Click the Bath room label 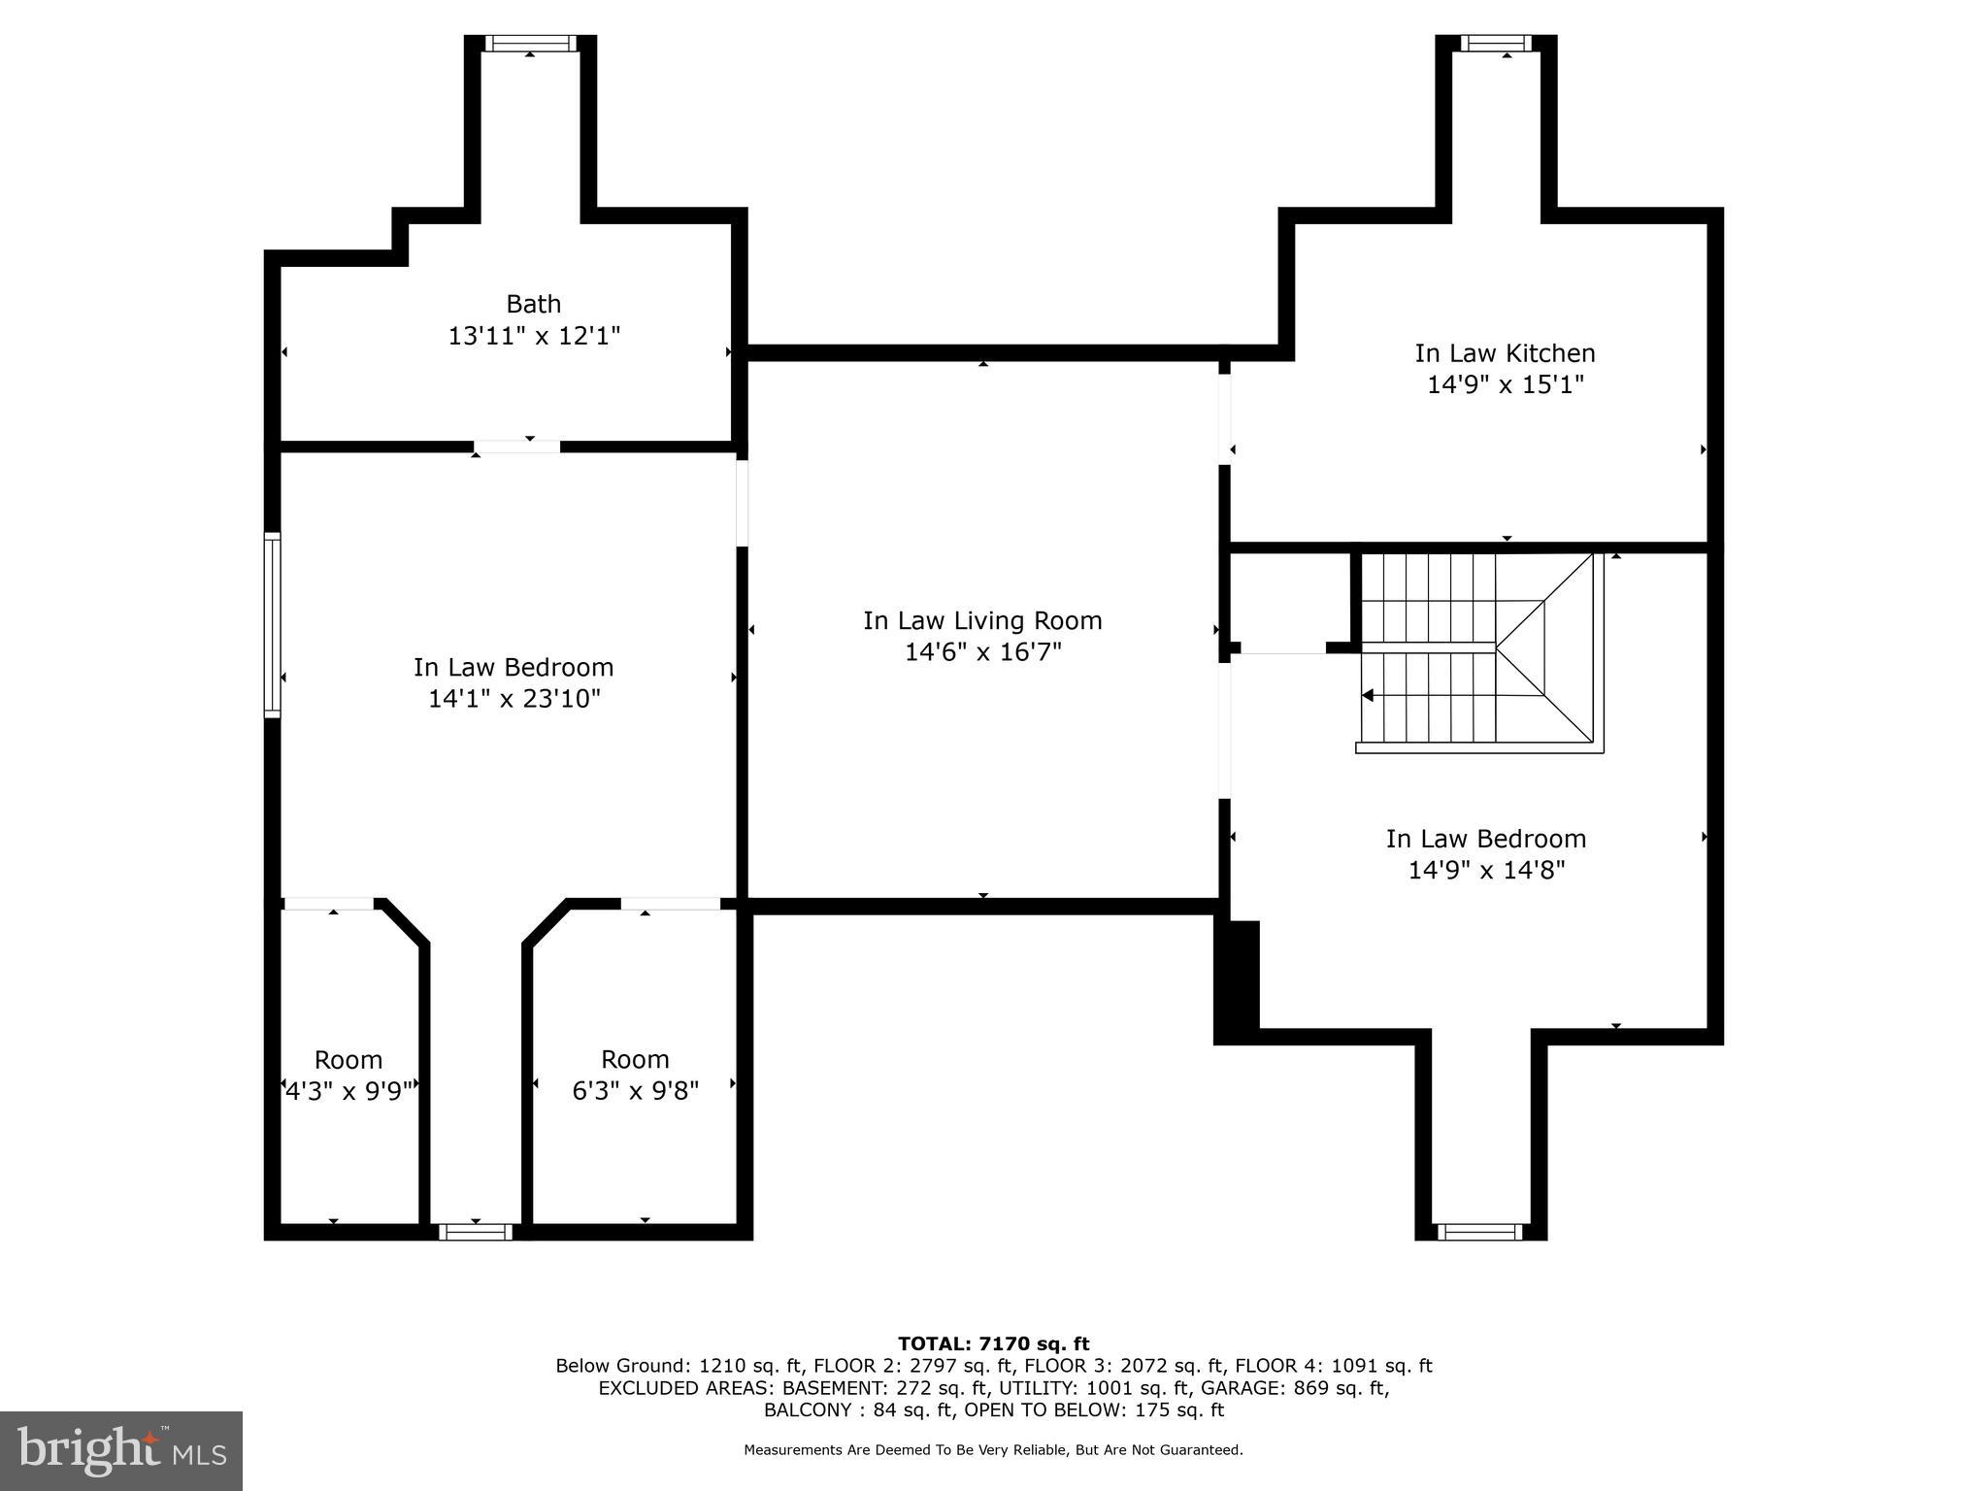coord(533,304)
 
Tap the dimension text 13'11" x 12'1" coord(533,336)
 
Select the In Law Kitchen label coord(1504,353)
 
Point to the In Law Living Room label coord(982,620)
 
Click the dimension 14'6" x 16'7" coord(982,651)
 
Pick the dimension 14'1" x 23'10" coord(514,698)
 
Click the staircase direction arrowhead coord(1368,695)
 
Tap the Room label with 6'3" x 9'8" coord(635,1059)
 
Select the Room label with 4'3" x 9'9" coord(348,1059)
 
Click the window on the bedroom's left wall coord(273,625)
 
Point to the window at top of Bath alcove coord(529,43)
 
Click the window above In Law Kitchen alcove coord(1495,43)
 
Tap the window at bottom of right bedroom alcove coord(1479,1232)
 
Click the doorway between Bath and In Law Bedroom coord(517,447)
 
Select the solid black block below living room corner coord(1238,980)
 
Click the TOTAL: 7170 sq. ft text coord(993,1343)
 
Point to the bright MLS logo coord(121,1450)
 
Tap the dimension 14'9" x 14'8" coord(1485,870)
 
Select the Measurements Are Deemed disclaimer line coord(993,1450)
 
